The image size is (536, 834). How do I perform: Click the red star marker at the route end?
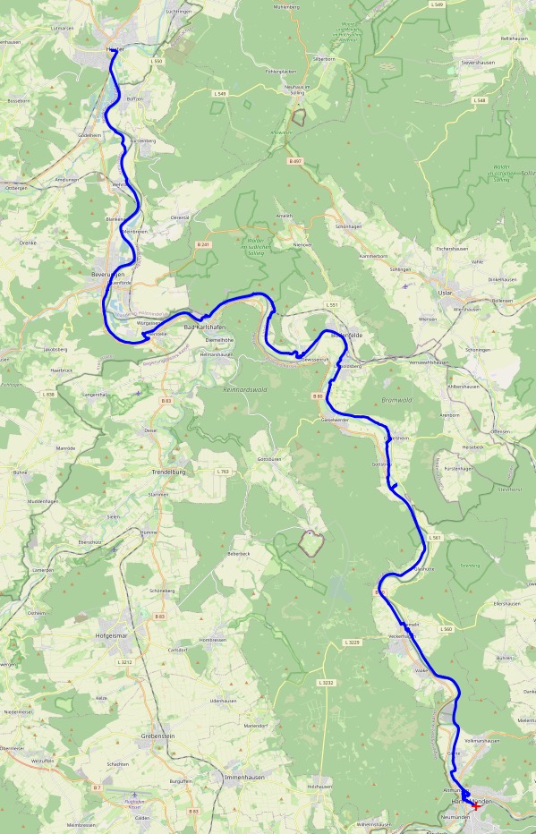[475, 805]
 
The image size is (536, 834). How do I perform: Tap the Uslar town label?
[445, 293]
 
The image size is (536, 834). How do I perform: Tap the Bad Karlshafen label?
[204, 328]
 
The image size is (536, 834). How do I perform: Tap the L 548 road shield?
[481, 101]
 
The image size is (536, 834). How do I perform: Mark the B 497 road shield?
[295, 160]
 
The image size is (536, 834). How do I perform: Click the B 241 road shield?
[203, 243]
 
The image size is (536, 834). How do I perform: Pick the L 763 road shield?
[223, 471]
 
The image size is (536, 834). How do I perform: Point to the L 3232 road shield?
[326, 682]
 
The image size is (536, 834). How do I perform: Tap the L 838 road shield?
[48, 394]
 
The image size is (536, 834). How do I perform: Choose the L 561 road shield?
[435, 537]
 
